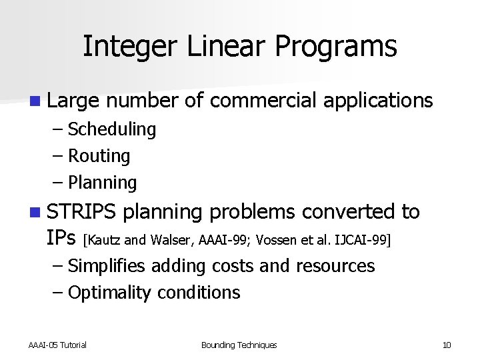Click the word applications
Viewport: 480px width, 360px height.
(x=378, y=102)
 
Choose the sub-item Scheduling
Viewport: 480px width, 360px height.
(x=111, y=129)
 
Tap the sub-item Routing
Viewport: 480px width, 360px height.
(x=99, y=157)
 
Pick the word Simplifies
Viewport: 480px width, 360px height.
(x=107, y=266)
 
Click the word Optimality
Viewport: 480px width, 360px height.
(x=110, y=293)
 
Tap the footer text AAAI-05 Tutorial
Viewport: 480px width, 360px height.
(x=57, y=345)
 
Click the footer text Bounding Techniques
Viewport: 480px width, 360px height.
(x=239, y=345)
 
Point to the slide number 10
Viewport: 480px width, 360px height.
(x=447, y=345)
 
